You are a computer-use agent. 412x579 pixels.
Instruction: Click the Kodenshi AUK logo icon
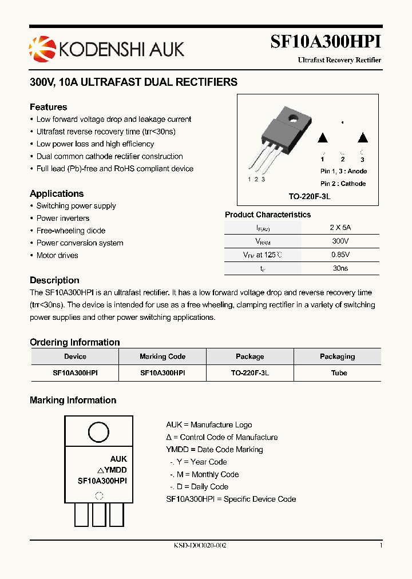(41, 48)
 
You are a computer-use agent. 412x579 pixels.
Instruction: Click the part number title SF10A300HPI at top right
(325, 42)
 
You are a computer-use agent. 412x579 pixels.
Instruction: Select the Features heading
(48, 107)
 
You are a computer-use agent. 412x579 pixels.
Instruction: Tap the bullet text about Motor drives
(57, 255)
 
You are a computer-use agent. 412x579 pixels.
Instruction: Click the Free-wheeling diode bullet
(71, 231)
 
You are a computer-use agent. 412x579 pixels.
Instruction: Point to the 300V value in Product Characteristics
(340, 242)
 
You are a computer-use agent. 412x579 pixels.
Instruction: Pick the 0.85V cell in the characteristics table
(340, 255)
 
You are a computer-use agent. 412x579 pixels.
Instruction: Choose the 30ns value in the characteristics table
(340, 268)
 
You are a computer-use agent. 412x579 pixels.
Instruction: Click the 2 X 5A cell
(340, 227)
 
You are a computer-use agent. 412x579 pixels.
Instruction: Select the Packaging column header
(337, 356)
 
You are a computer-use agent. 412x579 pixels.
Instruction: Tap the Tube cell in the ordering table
(339, 372)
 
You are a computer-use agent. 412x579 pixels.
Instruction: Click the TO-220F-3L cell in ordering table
(250, 372)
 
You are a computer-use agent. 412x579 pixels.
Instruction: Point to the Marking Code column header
(163, 356)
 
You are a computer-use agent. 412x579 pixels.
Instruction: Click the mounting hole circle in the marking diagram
(98, 432)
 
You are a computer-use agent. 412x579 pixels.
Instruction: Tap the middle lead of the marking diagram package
(99, 514)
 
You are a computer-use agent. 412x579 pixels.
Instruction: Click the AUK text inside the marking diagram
(118, 459)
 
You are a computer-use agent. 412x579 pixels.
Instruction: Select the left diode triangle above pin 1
(323, 138)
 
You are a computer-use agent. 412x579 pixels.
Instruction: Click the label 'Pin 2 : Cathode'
(343, 184)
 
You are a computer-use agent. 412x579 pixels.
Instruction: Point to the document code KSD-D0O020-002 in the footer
(200, 546)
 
